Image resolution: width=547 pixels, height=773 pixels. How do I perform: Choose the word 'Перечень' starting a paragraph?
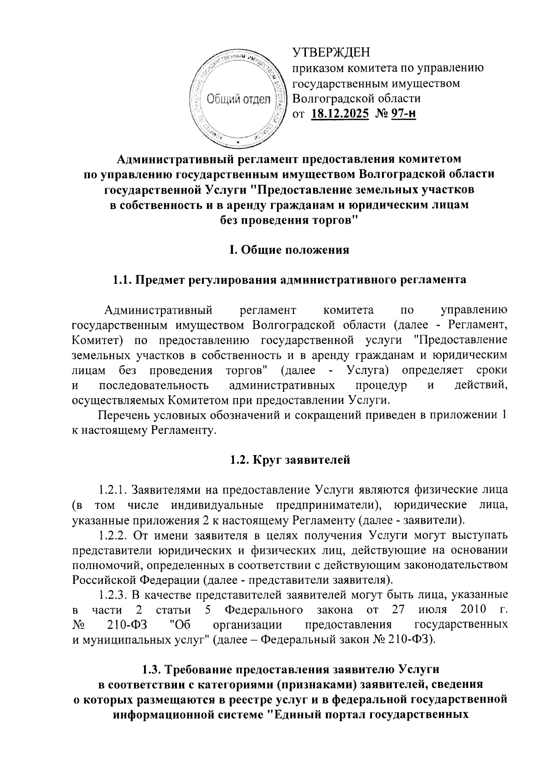120,415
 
